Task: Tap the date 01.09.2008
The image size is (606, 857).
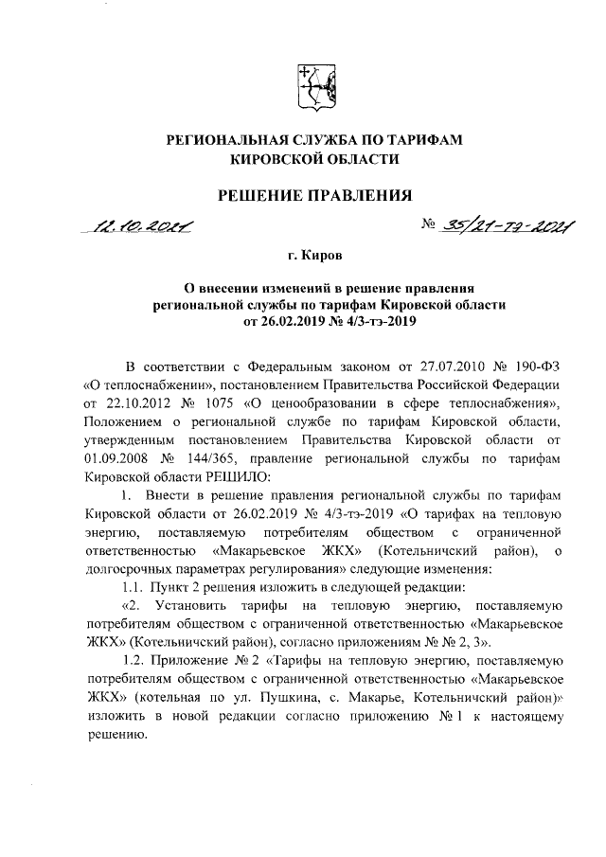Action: [116, 457]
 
